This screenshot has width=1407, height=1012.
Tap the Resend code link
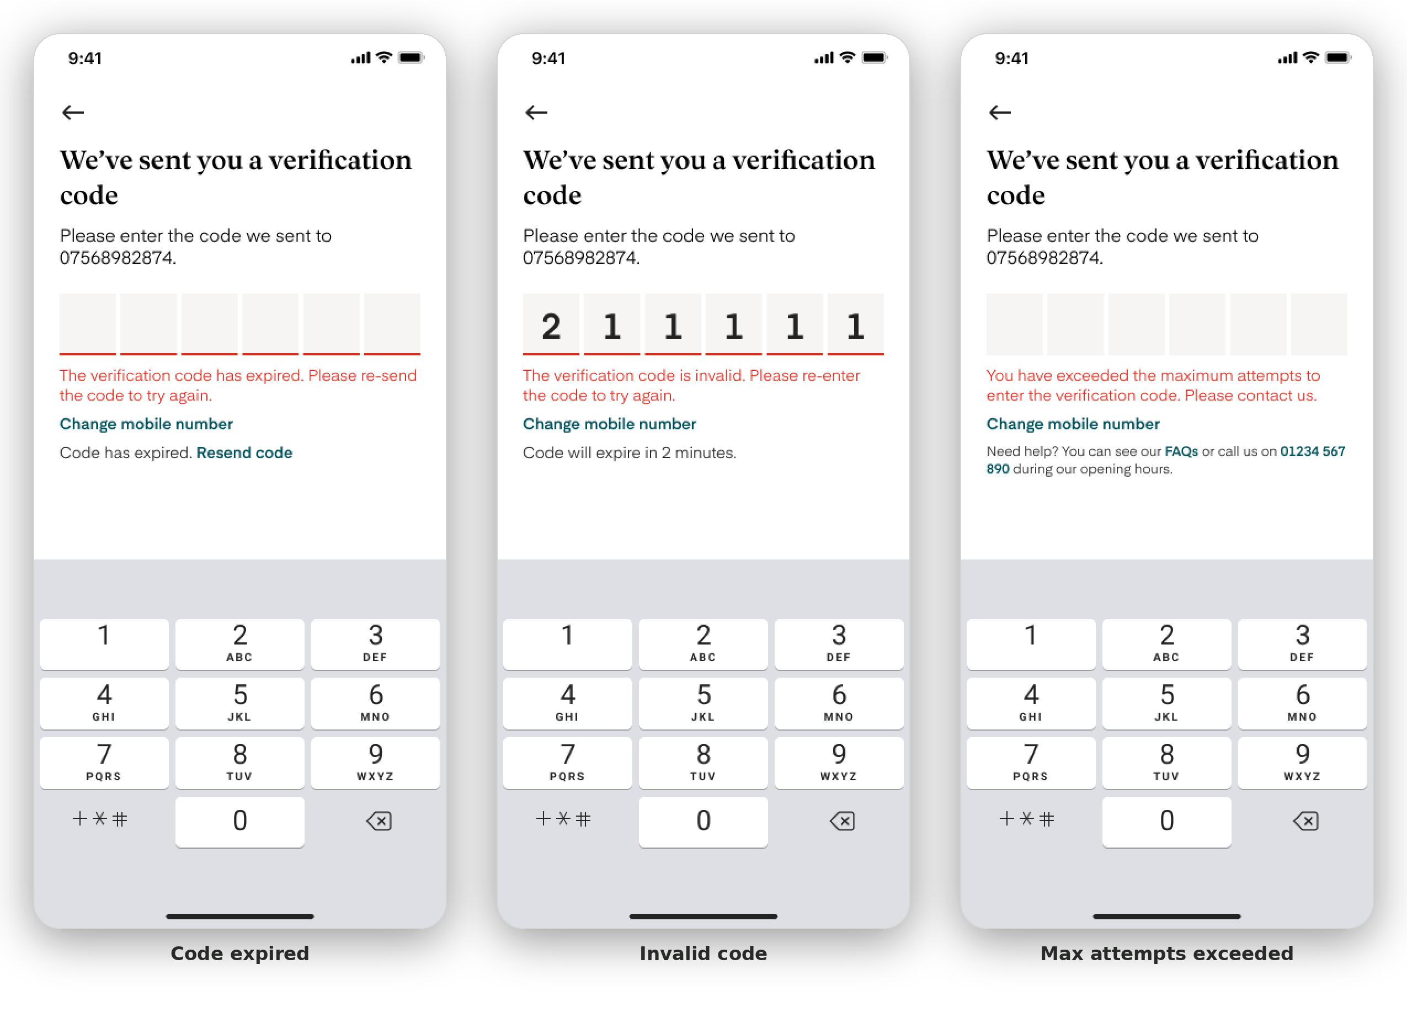point(244,452)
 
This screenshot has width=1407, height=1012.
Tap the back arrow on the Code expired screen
point(73,113)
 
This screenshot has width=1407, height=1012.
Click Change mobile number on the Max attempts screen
point(1073,424)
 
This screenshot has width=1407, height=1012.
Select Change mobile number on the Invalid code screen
point(609,424)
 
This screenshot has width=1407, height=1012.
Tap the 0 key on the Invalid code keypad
point(703,821)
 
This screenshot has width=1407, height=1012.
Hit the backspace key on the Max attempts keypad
point(1305,821)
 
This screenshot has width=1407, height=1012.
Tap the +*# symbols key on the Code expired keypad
point(100,819)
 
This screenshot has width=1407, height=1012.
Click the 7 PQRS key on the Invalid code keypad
point(567,763)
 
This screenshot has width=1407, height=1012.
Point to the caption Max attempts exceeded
point(1166,953)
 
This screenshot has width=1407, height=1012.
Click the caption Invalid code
point(703,953)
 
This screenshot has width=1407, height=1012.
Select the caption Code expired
point(239,953)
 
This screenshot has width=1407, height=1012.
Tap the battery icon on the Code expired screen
point(411,58)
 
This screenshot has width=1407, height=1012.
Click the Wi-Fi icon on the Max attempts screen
point(1310,57)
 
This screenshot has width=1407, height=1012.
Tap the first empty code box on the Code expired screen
point(88,324)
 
